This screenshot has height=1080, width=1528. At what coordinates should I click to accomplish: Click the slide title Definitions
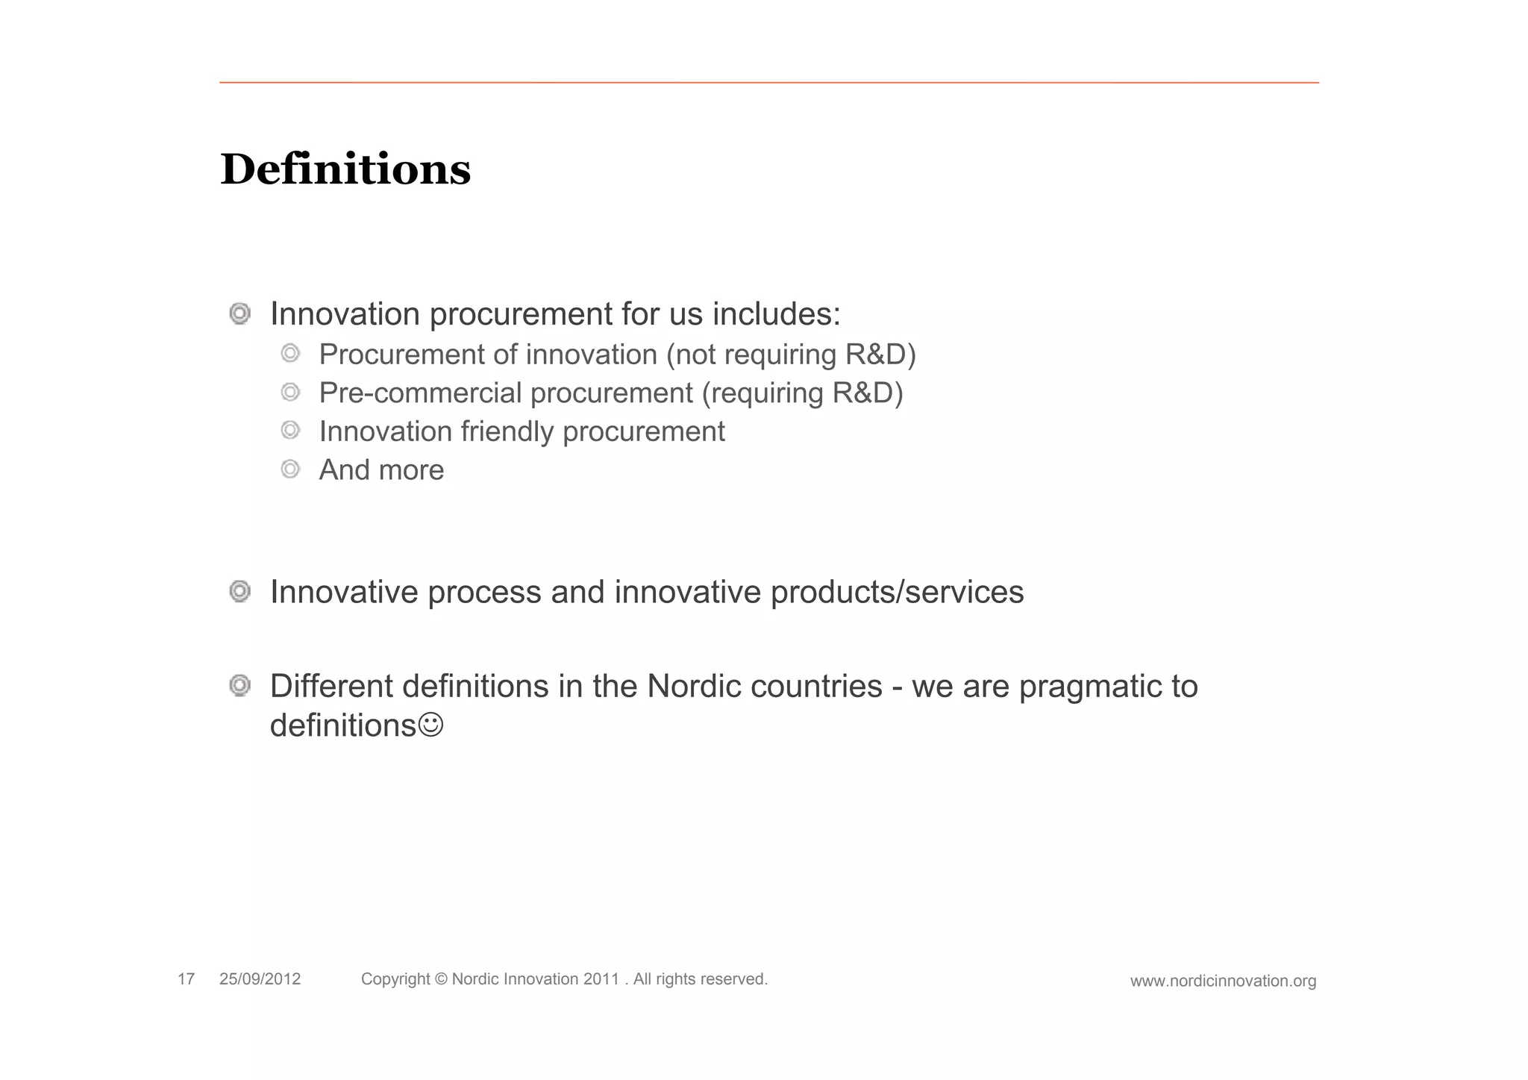tap(345, 169)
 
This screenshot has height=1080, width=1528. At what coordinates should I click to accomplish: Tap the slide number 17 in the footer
tap(186, 979)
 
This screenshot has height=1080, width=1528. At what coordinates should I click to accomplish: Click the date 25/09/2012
tap(260, 979)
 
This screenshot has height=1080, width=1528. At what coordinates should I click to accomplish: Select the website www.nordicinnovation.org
tap(1223, 981)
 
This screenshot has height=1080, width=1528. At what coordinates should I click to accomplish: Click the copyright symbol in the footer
tap(440, 979)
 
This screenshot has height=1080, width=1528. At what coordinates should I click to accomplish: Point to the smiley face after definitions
tap(431, 725)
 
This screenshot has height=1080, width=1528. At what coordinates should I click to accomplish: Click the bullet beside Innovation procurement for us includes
tap(239, 313)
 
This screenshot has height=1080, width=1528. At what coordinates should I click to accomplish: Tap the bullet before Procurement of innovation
tap(290, 353)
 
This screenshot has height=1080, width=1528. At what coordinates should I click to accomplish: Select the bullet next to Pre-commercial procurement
tap(290, 392)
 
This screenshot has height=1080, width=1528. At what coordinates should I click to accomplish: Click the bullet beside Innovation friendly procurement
tap(290, 431)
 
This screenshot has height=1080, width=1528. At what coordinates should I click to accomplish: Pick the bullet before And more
tap(290, 469)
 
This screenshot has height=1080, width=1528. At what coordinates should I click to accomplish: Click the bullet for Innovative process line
tap(239, 592)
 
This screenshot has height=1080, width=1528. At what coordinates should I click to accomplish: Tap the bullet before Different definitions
tap(239, 685)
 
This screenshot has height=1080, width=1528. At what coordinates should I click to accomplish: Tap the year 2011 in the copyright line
tap(601, 979)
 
